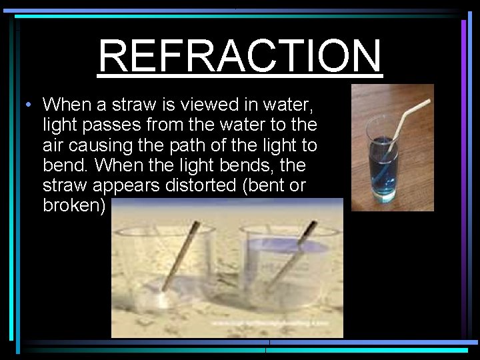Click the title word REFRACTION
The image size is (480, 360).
pyautogui.click(x=240, y=55)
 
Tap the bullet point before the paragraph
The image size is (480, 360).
pyautogui.click(x=24, y=105)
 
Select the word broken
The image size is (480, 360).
pyautogui.click(x=73, y=205)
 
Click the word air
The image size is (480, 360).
pyautogui.click(x=55, y=145)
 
